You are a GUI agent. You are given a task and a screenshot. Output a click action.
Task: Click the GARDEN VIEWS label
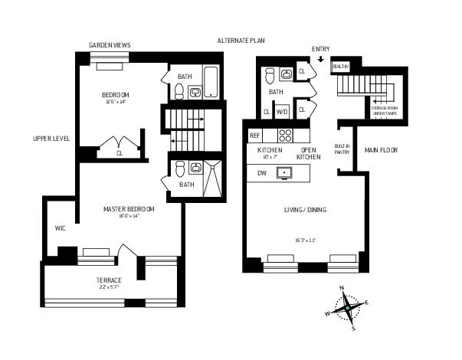pos(110,45)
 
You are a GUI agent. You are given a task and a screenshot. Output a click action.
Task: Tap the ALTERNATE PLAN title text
pos(241,41)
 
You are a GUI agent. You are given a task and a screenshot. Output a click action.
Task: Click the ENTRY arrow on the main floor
pos(320,58)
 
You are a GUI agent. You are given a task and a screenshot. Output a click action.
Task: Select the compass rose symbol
pos(347,308)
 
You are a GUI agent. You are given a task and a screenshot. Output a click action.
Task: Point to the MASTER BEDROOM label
pos(129,208)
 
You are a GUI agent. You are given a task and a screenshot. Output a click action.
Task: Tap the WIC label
pos(60,227)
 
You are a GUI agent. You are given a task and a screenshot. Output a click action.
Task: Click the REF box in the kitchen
pos(255,136)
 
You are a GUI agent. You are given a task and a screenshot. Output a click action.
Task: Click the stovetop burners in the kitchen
pos(285,136)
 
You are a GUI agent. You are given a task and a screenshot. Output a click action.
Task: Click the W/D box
pos(281,111)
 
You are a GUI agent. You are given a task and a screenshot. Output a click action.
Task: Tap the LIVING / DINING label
pos(306,209)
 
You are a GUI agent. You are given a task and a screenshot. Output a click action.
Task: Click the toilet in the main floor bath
pos(269,74)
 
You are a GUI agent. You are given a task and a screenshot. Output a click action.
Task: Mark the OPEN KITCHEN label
pos(309,154)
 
